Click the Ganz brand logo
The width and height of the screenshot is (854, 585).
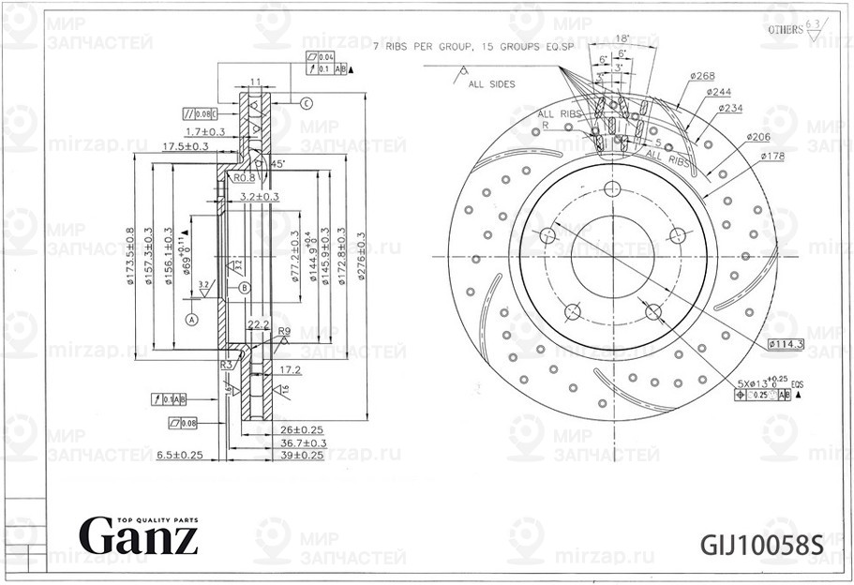pos(138,535)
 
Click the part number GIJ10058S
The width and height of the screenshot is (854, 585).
pos(761,544)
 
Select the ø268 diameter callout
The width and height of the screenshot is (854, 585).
pos(703,75)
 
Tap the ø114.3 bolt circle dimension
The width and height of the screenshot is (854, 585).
pos(786,345)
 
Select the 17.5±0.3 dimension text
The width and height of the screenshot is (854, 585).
pos(185,147)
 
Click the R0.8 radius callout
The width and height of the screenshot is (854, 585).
pos(245,177)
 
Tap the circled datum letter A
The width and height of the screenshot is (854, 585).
pos(192,319)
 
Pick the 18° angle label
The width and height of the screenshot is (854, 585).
pos(622,38)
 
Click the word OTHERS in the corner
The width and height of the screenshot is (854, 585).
pos(785,30)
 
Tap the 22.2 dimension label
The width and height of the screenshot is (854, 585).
pos(259,324)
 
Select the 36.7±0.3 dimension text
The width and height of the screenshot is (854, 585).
pos(303,442)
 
